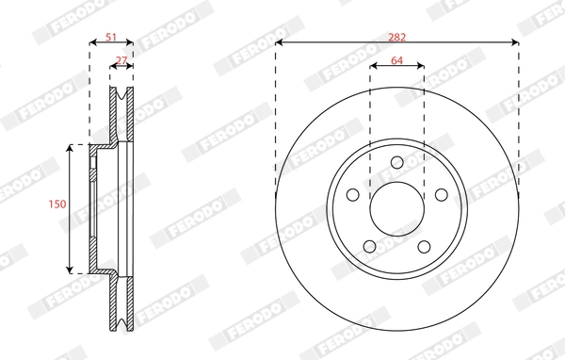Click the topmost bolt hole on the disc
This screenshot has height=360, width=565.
tap(396, 161)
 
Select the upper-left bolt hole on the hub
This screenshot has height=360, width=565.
tap(353, 194)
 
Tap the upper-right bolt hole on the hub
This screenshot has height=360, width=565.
tap(441, 194)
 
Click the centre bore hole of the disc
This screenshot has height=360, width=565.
tap(396, 208)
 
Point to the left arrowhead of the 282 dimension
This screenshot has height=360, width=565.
tap(280, 42)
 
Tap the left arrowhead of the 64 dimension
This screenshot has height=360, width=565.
tap(373, 66)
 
